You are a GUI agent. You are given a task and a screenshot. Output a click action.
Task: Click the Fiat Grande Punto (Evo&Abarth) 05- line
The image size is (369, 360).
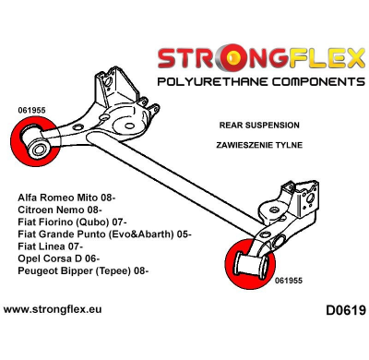[x=104, y=234]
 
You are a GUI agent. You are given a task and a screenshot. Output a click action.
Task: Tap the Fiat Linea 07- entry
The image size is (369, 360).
[x=52, y=246]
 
